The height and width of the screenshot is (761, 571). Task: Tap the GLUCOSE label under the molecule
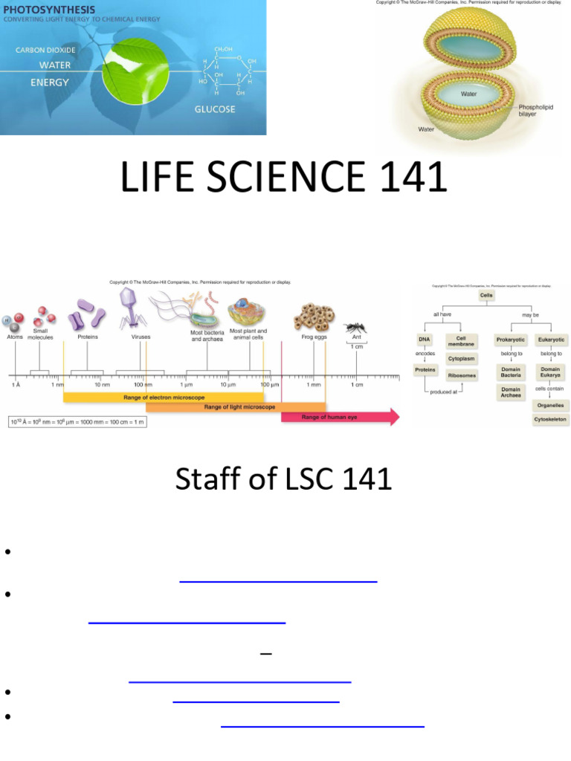point(215,109)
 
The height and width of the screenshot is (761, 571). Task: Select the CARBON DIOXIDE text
point(45,51)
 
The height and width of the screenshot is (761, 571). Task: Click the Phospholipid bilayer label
point(538,110)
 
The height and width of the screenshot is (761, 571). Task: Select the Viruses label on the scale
point(141,337)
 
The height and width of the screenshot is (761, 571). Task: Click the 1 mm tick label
point(314,385)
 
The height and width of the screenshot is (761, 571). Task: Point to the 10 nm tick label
point(102,385)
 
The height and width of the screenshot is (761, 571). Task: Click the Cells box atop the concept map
point(486,295)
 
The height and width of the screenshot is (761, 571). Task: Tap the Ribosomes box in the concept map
point(462,376)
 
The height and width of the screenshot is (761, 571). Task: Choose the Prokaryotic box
point(511,340)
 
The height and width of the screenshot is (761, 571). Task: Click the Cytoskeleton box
point(550,420)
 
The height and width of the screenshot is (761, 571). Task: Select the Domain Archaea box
point(511,392)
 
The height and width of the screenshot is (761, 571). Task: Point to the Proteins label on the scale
point(88,337)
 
